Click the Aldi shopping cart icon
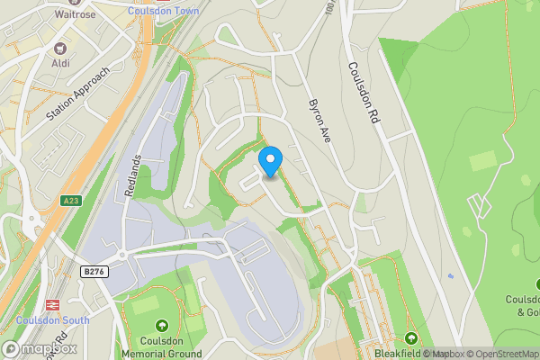click(61, 48)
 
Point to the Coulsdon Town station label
click(164, 10)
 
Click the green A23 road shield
click(73, 201)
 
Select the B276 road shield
click(94, 271)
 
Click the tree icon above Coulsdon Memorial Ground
click(162, 325)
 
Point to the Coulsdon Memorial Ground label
click(162, 346)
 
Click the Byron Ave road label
click(321, 120)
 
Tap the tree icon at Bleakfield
click(411, 338)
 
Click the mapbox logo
click(40, 348)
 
